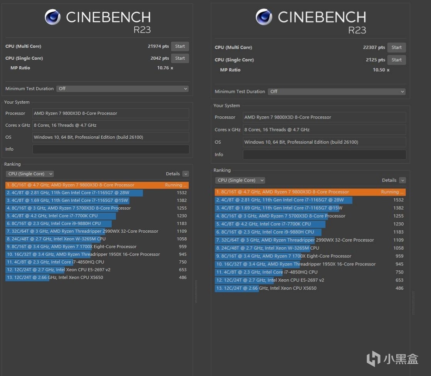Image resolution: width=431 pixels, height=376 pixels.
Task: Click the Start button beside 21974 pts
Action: (x=180, y=46)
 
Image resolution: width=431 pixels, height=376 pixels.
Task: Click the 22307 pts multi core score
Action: (x=374, y=47)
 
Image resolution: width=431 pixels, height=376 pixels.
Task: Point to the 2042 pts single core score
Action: (x=159, y=58)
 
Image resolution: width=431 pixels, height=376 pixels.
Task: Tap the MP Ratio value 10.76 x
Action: (x=165, y=68)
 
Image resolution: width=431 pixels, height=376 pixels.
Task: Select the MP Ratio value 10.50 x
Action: (x=381, y=70)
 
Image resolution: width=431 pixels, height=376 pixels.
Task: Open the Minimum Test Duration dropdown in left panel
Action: (x=122, y=89)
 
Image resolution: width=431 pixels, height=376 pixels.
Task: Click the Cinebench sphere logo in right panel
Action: (x=264, y=17)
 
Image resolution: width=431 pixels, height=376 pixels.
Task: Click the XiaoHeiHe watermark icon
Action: (x=373, y=359)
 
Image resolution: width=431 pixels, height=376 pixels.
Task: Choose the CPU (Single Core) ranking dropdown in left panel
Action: (x=30, y=174)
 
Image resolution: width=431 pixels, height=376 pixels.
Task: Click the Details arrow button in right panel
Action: (x=402, y=180)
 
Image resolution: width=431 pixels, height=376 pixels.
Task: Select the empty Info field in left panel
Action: (x=111, y=149)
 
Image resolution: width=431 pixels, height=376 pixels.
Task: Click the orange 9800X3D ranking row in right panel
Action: (x=310, y=192)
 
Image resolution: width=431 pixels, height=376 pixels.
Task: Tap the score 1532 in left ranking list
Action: (x=181, y=193)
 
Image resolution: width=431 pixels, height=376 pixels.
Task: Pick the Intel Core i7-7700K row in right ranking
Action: (x=270, y=224)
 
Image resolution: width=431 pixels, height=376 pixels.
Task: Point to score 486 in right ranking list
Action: (x=399, y=288)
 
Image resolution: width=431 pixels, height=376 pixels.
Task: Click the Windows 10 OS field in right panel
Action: (x=324, y=142)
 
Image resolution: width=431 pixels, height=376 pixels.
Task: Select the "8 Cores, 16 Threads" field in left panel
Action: (x=111, y=125)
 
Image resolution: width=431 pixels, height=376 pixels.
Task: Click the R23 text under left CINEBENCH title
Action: (x=142, y=30)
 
